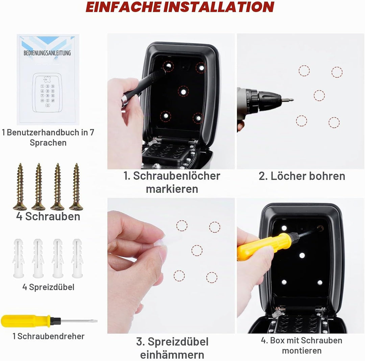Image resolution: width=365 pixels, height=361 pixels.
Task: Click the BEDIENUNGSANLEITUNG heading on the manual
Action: (47, 53)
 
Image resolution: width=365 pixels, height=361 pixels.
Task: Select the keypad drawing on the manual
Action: (48, 93)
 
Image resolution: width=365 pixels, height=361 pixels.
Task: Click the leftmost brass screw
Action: (20, 187)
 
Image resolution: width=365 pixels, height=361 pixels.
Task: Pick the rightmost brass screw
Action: (76, 187)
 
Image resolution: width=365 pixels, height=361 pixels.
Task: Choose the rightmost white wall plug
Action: (77, 258)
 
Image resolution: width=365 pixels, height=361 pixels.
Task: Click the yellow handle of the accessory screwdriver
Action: (26, 321)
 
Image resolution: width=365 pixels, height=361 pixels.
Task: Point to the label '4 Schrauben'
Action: (48, 216)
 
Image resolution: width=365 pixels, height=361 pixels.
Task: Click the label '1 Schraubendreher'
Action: (48, 336)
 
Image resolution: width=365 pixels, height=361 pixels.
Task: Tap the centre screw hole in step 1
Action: (184, 92)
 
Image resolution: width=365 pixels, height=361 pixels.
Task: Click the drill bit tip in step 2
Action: (293, 100)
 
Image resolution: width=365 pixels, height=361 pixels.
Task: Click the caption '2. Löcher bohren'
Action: (302, 176)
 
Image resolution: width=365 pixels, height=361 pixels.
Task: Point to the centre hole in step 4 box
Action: (302, 256)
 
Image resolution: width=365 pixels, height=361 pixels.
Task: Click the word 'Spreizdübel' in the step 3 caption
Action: (178, 342)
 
